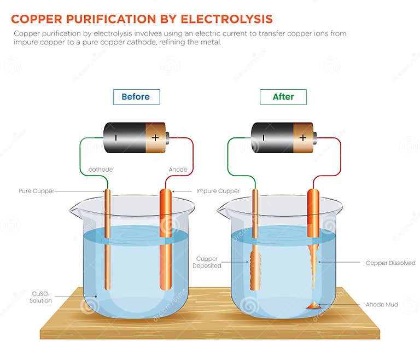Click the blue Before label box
coord(136,97)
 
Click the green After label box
coord(283,97)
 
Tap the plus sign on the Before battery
coord(155,137)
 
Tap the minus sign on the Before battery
coord(115,137)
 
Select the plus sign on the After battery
coord(302,137)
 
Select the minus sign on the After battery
coord(263,137)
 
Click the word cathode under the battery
coord(101,170)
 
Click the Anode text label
coord(178,170)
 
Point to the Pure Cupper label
coord(37,191)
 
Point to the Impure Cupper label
coord(218,191)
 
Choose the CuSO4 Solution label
coord(41,297)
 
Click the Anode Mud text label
coord(382,305)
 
